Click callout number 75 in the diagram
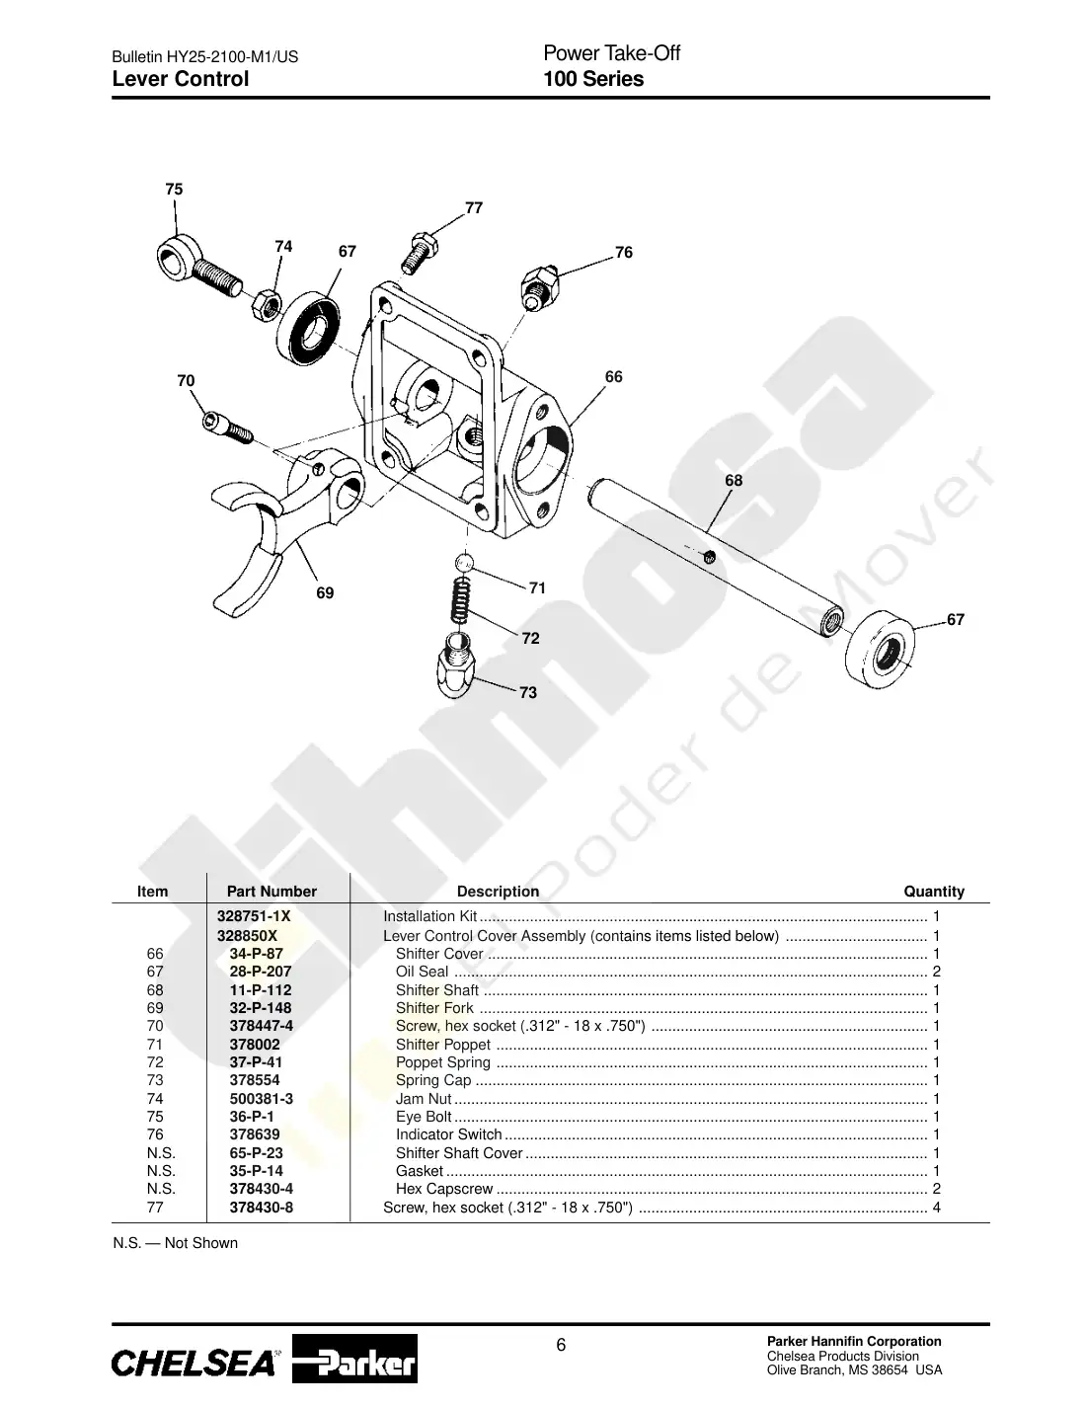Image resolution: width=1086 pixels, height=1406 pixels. (174, 189)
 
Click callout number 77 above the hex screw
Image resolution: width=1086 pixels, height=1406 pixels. (474, 207)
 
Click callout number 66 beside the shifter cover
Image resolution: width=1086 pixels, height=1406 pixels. (614, 376)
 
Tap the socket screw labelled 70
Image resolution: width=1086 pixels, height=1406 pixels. (227, 428)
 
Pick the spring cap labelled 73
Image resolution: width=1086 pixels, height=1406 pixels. (457, 664)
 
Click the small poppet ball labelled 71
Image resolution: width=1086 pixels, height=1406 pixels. (464, 563)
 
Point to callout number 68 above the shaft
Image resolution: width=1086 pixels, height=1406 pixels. (734, 480)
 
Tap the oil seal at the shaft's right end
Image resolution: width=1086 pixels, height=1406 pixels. (880, 649)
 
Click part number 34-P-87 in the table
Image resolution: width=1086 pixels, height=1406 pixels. (256, 953)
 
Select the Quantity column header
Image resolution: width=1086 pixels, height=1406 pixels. (934, 891)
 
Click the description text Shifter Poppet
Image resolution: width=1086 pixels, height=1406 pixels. (443, 1045)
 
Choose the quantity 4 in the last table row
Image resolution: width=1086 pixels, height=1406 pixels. (936, 1208)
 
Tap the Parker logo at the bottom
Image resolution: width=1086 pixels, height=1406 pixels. (354, 1359)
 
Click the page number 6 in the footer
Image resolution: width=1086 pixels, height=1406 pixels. (561, 1345)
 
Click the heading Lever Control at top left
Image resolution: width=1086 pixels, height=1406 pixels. (181, 79)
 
